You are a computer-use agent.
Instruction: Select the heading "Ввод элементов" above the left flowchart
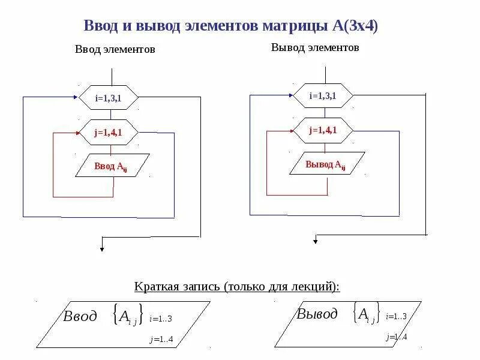115,49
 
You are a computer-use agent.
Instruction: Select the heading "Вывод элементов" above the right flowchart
315,47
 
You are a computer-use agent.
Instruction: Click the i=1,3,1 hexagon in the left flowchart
109,98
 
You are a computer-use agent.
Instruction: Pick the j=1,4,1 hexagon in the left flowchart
109,133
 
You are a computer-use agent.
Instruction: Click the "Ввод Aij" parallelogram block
112,167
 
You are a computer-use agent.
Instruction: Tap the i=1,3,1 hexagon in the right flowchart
323,96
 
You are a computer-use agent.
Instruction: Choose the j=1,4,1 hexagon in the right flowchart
323,130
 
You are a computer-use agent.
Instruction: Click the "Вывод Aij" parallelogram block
326,164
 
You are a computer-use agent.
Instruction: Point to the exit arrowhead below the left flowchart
102,247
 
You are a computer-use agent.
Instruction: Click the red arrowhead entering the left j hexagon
77,133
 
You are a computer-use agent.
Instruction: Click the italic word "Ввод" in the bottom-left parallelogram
80,317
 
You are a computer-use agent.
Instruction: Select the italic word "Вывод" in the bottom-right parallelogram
317,314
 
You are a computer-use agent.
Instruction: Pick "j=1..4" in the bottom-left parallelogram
161,340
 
